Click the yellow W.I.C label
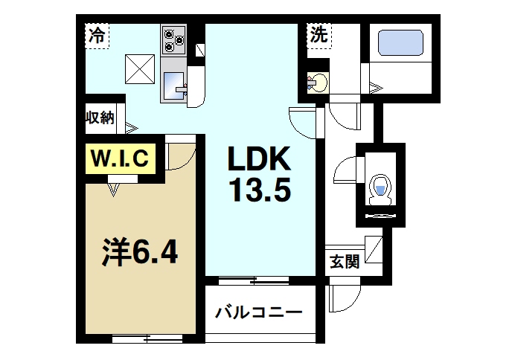click(x=122, y=158)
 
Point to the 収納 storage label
click(x=99, y=118)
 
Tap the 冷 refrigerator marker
click(x=96, y=34)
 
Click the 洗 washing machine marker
click(x=319, y=33)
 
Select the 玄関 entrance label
click(x=345, y=262)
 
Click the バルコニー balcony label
click(x=259, y=311)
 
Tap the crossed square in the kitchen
click(x=139, y=69)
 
